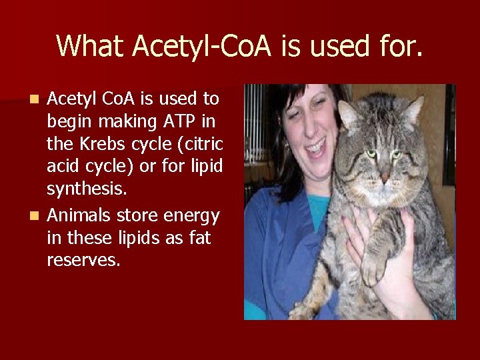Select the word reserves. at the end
83,259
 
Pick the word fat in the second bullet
198,237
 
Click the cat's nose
385,178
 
